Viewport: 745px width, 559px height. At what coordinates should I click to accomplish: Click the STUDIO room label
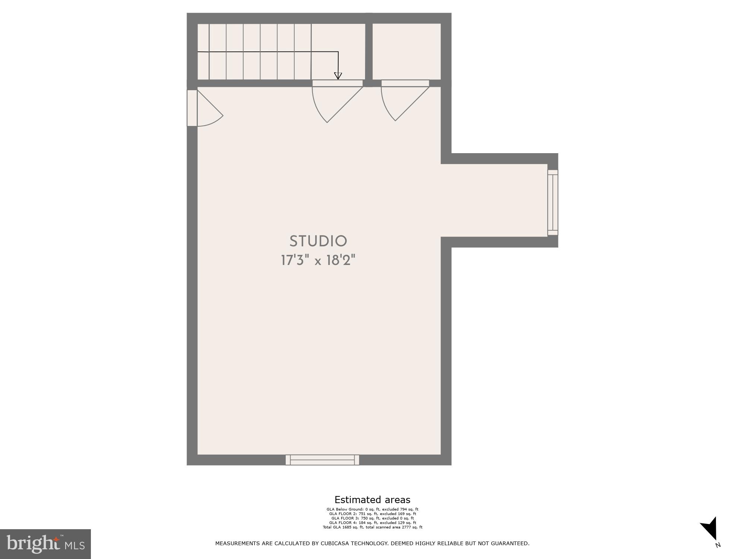point(318,241)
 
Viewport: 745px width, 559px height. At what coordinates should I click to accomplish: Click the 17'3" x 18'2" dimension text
point(318,260)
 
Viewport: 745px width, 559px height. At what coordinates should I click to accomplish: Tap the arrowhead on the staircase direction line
point(338,76)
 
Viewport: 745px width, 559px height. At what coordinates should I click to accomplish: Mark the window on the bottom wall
point(322,460)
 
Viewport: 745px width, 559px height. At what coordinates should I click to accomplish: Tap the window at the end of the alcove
point(553,203)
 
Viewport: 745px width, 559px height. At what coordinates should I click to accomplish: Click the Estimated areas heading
point(372,500)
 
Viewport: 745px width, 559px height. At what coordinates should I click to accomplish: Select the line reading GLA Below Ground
point(372,509)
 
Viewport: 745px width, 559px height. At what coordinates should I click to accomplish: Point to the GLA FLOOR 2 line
point(372,514)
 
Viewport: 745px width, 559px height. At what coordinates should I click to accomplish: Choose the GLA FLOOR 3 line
point(372,518)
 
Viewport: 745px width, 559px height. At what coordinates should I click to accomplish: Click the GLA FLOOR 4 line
point(372,523)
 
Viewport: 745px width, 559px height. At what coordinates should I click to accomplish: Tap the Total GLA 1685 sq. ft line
point(372,527)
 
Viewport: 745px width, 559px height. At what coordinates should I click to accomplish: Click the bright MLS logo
point(45,544)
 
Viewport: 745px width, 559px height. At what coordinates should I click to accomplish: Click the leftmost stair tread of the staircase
point(203,51)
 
